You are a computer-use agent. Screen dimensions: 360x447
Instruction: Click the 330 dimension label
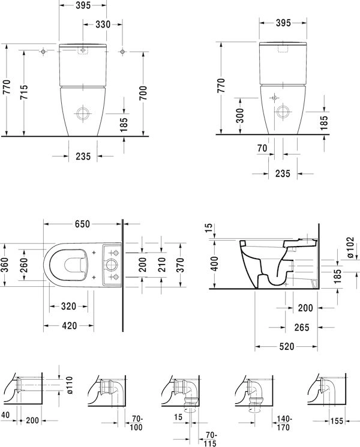tap(103, 25)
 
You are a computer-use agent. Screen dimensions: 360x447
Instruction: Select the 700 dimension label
tap(143, 92)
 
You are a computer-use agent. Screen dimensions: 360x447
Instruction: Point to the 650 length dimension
tap(82, 224)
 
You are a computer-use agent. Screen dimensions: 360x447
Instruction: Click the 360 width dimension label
tap(5, 265)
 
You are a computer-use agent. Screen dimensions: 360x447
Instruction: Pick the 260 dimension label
tap(24, 265)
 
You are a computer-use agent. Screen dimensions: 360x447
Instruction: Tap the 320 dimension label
tap(68, 307)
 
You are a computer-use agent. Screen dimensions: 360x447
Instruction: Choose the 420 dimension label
tap(69, 326)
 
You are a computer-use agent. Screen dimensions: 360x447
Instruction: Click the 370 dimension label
tap(180, 265)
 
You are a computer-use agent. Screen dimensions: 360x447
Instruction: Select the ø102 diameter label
tap(350, 247)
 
